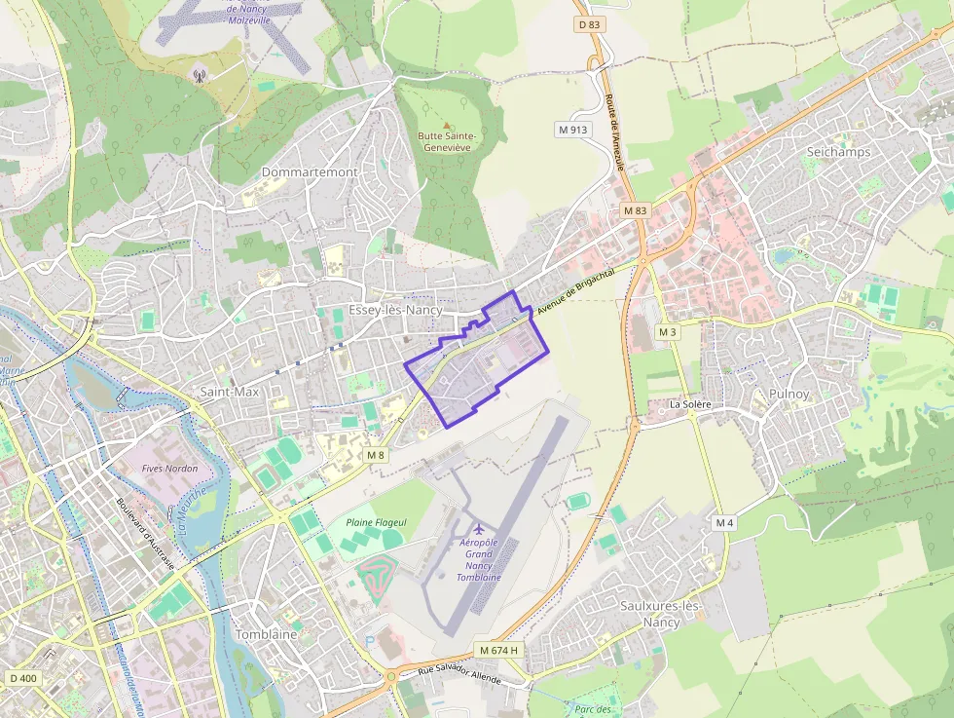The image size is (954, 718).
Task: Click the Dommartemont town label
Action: point(310,172)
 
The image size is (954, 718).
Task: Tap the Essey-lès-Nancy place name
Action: point(394,311)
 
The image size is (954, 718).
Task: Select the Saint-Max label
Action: point(230,392)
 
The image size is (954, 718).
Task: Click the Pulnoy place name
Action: point(789,394)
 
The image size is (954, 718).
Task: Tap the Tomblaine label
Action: point(266,634)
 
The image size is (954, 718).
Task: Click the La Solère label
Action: point(690,403)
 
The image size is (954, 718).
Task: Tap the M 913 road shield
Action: point(573,129)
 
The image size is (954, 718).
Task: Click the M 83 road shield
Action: point(635,210)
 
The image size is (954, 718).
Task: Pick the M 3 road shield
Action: point(667,332)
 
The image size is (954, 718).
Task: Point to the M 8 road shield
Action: point(376,455)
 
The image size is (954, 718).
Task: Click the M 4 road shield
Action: point(724,523)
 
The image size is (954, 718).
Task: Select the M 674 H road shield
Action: point(500,650)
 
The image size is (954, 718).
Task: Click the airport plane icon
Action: point(478,530)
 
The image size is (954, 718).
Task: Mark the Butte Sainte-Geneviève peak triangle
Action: point(447,126)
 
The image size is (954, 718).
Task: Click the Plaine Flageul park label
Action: point(376,523)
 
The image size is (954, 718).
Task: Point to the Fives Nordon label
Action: point(169,469)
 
